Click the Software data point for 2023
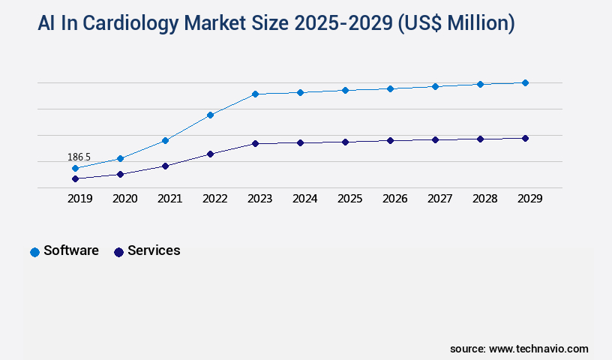coord(255,94)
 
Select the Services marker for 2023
coord(255,143)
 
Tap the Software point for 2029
coord(525,82)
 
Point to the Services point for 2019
coord(75,178)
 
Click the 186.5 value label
coord(79,157)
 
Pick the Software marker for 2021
coord(165,140)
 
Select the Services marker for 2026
coord(390,140)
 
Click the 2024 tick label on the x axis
coord(304,199)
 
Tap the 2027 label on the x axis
coord(439,199)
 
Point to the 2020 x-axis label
coord(124,199)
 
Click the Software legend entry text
coord(71,250)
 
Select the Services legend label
coord(154,250)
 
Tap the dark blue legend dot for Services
coord(118,252)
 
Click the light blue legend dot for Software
coord(34,252)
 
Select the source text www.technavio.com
coord(538,349)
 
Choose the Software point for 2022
coord(210,115)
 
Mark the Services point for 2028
coord(480,139)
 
